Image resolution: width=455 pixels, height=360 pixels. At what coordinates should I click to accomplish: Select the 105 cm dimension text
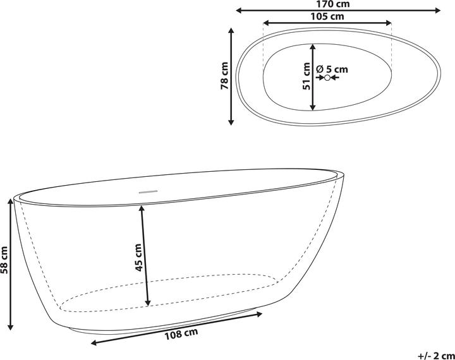pos(327,17)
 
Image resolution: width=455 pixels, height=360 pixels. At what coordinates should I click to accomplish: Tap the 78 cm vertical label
pos(224,76)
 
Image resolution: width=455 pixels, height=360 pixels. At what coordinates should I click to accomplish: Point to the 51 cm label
pos(306,76)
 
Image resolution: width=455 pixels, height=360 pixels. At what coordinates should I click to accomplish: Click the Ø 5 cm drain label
pos(332,68)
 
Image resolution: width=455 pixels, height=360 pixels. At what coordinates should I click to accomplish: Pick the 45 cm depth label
pos(138,257)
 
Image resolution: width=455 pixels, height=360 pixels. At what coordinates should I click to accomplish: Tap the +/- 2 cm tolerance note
pos(436,354)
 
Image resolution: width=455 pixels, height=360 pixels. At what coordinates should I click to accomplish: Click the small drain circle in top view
pos(327,78)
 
